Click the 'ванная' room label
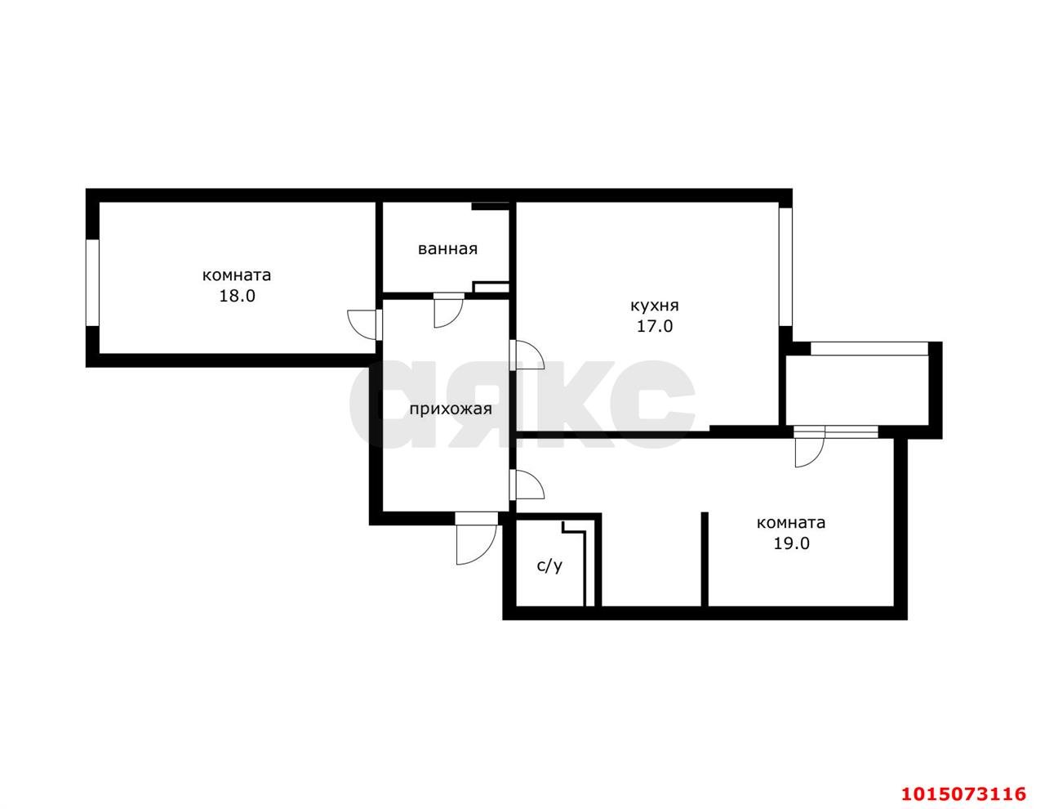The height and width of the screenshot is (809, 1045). [447, 249]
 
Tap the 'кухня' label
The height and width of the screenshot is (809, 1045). [655, 306]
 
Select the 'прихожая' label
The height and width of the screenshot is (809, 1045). [451, 409]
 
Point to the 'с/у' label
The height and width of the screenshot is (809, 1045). [549, 566]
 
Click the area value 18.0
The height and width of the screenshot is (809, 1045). [237, 296]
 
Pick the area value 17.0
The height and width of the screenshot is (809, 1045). [655, 327]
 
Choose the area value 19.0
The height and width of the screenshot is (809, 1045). [792, 543]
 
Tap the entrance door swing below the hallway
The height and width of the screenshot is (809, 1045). [476, 538]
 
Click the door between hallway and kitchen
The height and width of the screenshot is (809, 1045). [527, 355]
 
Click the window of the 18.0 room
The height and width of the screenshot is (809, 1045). [92, 283]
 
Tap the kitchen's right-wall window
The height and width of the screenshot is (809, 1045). [785, 266]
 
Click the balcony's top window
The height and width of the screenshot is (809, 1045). [869, 348]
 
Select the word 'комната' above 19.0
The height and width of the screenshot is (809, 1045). [791, 523]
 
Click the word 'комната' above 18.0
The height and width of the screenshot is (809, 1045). [237, 275]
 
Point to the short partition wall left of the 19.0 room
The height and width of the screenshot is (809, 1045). [705, 559]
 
